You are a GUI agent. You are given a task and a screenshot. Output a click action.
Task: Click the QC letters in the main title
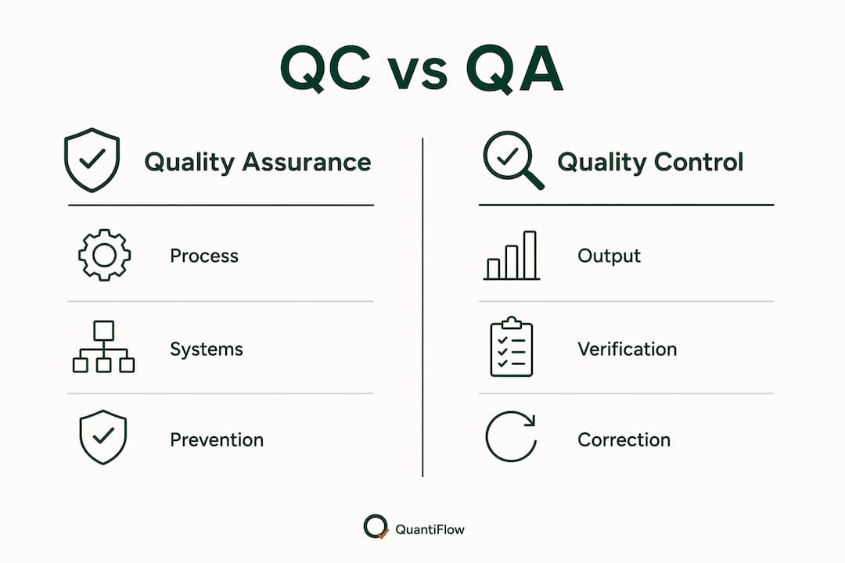pyautogui.click(x=325, y=69)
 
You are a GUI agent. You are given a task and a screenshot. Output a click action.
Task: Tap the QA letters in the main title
pyautogui.click(x=515, y=69)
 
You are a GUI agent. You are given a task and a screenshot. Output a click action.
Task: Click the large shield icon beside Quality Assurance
pyautogui.click(x=92, y=160)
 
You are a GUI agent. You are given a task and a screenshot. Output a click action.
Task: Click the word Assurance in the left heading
pyautogui.click(x=307, y=162)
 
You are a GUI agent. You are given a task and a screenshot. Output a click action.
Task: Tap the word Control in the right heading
pyautogui.click(x=699, y=162)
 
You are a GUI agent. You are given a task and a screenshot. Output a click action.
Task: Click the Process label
pyautogui.click(x=204, y=256)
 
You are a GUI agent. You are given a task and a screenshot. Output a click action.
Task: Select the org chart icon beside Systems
pyautogui.click(x=103, y=347)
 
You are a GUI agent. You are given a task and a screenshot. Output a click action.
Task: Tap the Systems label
pyautogui.click(x=207, y=350)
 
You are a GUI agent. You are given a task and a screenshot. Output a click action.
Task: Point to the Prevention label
pyautogui.click(x=217, y=439)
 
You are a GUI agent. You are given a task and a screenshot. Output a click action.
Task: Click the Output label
pyautogui.click(x=609, y=256)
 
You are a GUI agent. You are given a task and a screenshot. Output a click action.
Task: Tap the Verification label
pyautogui.click(x=627, y=349)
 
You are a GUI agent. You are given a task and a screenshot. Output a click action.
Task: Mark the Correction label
pyautogui.click(x=624, y=439)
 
